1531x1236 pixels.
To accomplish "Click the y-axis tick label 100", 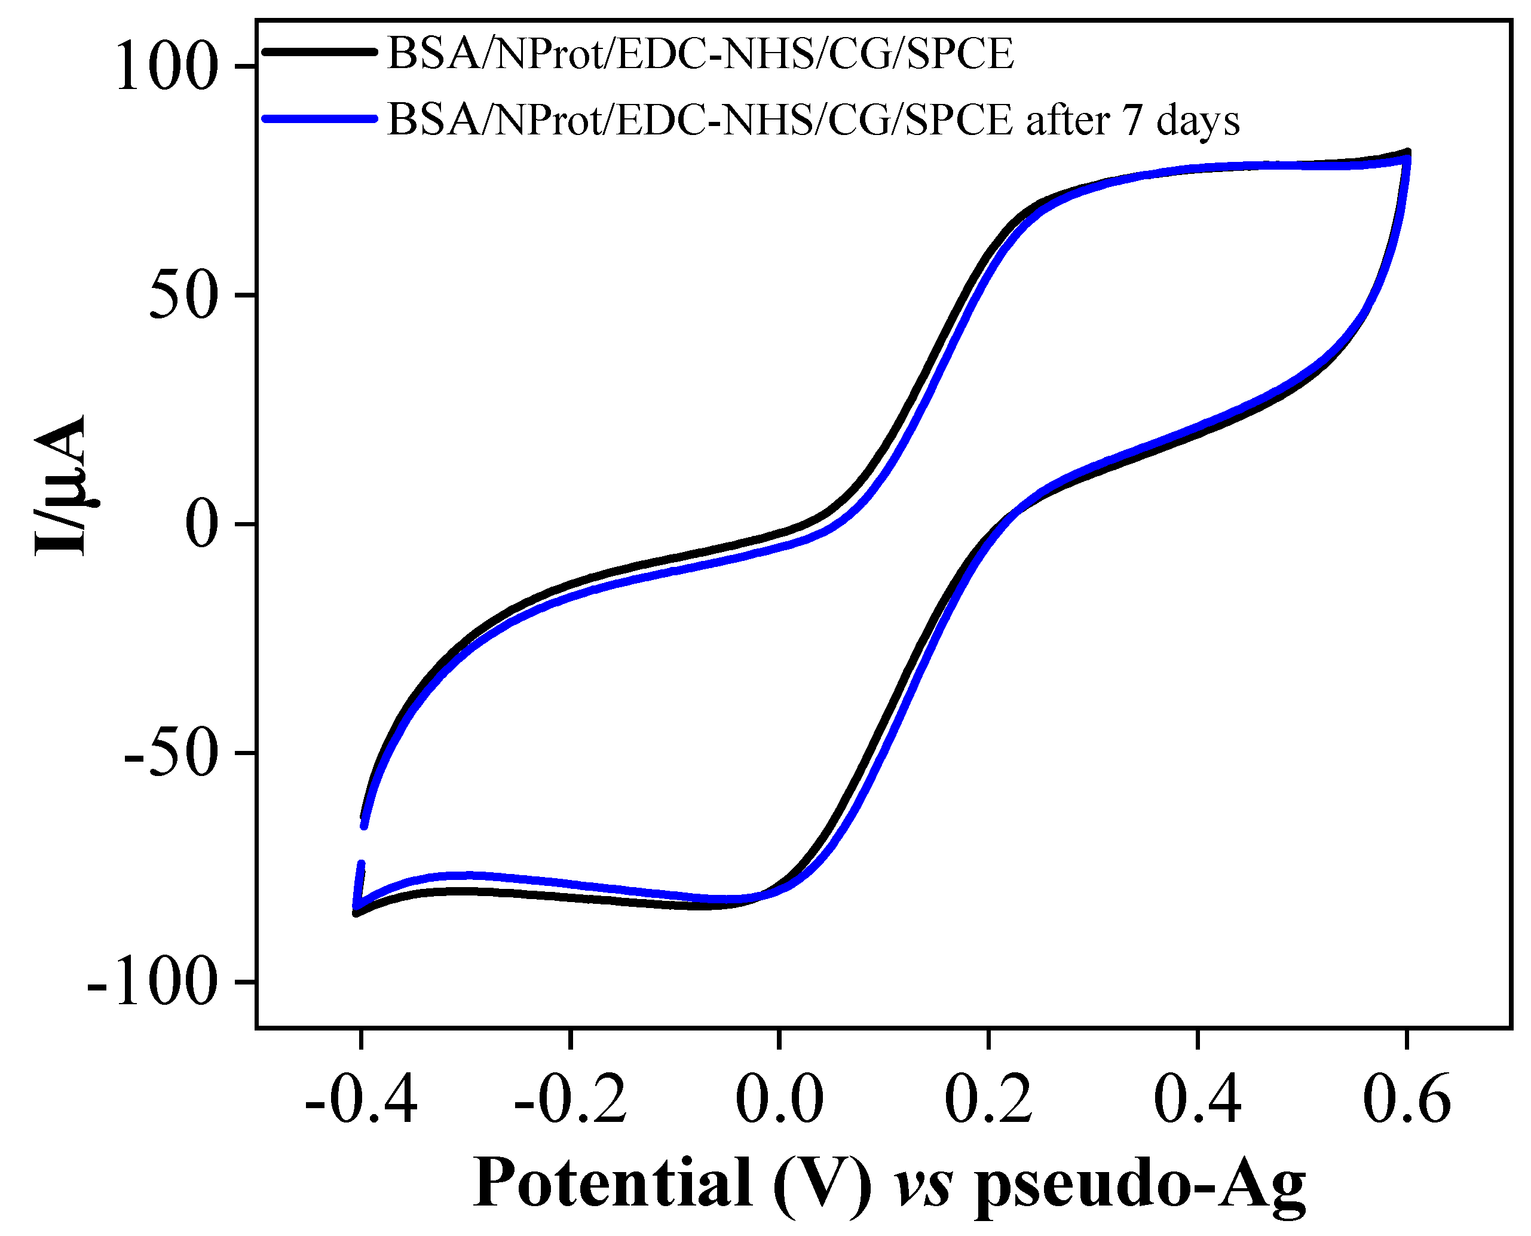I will (x=165, y=68).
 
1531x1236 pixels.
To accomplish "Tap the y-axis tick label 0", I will (x=201, y=525).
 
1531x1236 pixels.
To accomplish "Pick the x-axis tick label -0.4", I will (x=360, y=1100).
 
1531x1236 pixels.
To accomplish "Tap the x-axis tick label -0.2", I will (x=569, y=1100).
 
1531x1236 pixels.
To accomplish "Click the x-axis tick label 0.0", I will (x=779, y=1100).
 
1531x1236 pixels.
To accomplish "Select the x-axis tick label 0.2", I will (x=988, y=1100).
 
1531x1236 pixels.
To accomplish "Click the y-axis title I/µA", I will (x=61, y=484).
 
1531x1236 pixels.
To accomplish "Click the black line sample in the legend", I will (x=319, y=51).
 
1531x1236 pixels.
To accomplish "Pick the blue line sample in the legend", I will (x=319, y=118).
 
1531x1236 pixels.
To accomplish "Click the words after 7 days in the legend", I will (x=1132, y=119).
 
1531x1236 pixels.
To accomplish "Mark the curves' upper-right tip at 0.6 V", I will (x=1407, y=154).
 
